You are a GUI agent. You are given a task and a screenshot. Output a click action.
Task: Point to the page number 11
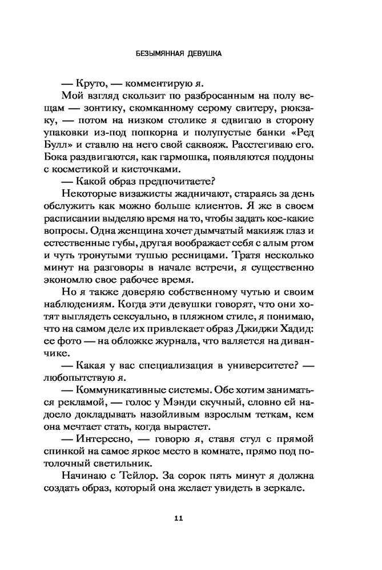(178, 518)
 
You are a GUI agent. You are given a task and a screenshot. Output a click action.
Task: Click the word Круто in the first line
(107, 83)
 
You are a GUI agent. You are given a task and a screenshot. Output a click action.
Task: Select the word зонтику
(127, 108)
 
